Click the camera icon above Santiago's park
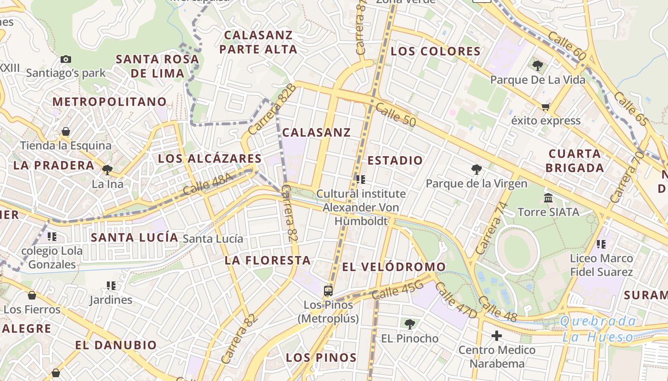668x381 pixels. point(66,60)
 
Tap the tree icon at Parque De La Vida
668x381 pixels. point(538,66)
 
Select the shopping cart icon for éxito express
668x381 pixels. point(545,107)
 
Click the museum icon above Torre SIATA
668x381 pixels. point(548,198)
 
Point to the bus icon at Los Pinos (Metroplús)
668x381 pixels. point(328,291)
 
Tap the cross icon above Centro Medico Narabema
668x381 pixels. point(497,336)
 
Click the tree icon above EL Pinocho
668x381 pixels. point(409,324)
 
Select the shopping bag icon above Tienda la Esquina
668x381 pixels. point(65,131)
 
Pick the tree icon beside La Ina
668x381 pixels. point(107,170)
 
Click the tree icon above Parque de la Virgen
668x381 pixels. point(476,169)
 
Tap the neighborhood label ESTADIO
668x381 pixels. point(395,160)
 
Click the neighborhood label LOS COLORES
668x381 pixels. point(435,51)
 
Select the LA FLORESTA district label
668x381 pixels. point(268,261)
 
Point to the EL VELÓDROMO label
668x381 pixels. point(394,267)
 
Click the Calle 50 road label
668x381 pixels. point(396,115)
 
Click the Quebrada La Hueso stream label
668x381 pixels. point(599,329)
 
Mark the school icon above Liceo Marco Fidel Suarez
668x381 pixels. point(601,244)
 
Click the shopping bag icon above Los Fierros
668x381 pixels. point(32,296)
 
